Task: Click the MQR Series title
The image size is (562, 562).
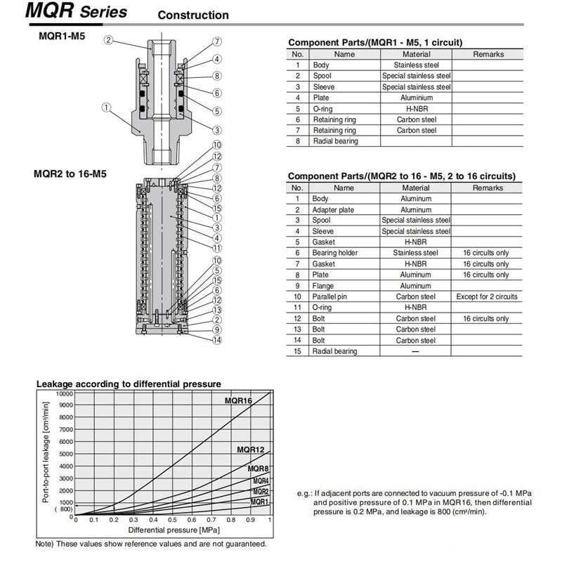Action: coord(66,12)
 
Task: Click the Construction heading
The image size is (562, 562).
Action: coord(193,15)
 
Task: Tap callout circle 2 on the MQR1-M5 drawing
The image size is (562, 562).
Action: coord(109,40)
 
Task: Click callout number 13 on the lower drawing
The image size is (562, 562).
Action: coord(218,310)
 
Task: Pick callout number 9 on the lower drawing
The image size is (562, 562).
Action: coord(218,329)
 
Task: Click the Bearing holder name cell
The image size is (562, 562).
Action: coord(335,253)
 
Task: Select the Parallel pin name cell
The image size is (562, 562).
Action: coord(332,296)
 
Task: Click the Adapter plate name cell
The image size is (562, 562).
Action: coord(333,209)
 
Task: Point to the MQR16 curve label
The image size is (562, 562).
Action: coord(238,400)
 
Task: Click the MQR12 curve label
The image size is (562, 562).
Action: coord(251,450)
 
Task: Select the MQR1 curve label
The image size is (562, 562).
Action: coord(260,502)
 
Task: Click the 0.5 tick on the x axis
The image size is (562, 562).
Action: coord(172,520)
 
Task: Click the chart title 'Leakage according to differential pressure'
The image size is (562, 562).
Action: coord(129,384)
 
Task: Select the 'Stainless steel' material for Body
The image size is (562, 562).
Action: coord(416,65)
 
